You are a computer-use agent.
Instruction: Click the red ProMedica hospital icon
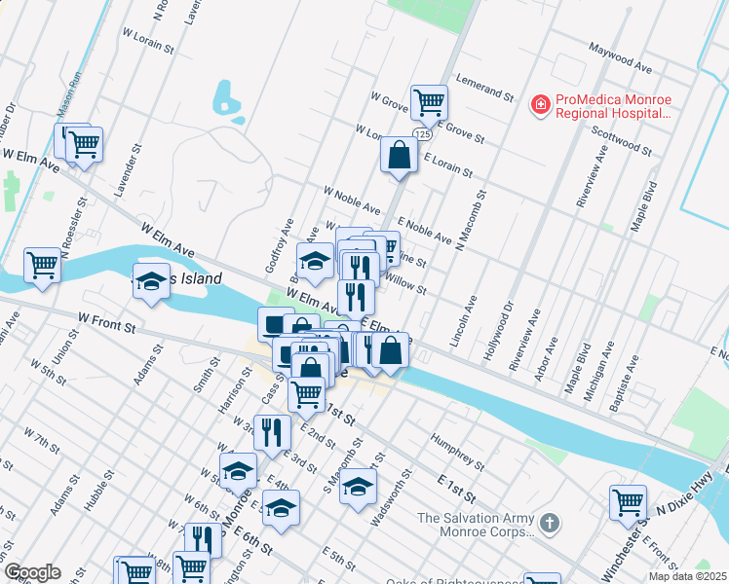(539, 102)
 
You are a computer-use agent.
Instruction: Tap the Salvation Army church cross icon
(549, 524)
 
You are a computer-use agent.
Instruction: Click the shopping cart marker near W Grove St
(428, 100)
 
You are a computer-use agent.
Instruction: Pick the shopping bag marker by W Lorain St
(400, 154)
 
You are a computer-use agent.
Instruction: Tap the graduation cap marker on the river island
(151, 281)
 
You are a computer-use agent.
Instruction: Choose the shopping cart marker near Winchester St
(628, 502)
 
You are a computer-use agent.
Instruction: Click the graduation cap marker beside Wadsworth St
(359, 487)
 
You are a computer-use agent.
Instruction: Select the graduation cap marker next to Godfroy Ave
(315, 261)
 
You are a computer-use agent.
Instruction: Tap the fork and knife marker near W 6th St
(203, 539)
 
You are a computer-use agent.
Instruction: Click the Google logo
(31, 572)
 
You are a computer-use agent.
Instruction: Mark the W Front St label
(106, 322)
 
